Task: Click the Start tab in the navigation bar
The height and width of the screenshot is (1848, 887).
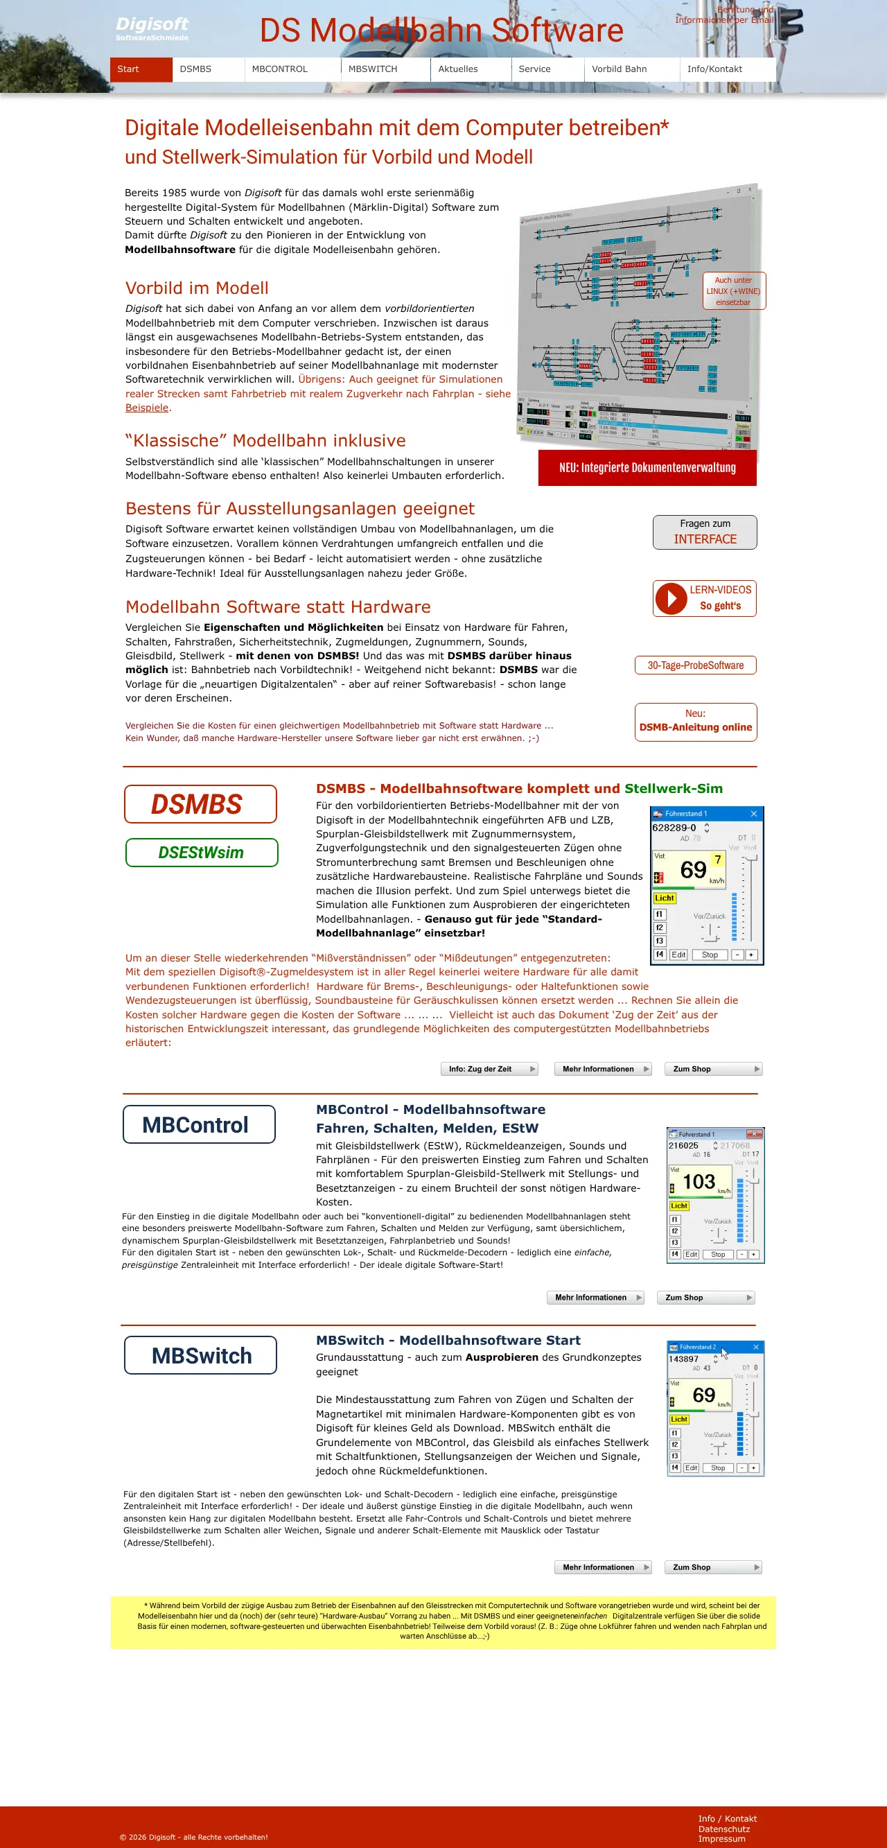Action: [141, 69]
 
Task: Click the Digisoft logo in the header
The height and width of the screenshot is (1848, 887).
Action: [152, 28]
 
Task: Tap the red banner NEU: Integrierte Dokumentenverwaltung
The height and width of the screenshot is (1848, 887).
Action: [647, 468]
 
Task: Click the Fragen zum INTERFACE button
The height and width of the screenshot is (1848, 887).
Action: [704, 532]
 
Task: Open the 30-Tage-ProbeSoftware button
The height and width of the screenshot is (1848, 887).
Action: [695, 665]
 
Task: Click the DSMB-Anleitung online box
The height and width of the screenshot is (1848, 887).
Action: [695, 721]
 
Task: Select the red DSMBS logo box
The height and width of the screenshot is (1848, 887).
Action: [200, 804]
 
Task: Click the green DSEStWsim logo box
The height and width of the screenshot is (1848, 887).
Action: [202, 853]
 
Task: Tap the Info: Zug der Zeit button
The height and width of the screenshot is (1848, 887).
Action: [489, 1069]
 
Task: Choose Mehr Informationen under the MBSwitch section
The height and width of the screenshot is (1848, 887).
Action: [602, 1567]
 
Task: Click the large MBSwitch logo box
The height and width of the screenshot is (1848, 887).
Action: [200, 1355]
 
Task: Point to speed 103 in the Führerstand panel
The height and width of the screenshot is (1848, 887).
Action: [699, 1182]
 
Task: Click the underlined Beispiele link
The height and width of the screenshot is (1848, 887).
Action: [147, 408]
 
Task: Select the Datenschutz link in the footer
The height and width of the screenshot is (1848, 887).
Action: [723, 1829]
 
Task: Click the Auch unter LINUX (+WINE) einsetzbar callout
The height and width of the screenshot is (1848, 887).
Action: [734, 291]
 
